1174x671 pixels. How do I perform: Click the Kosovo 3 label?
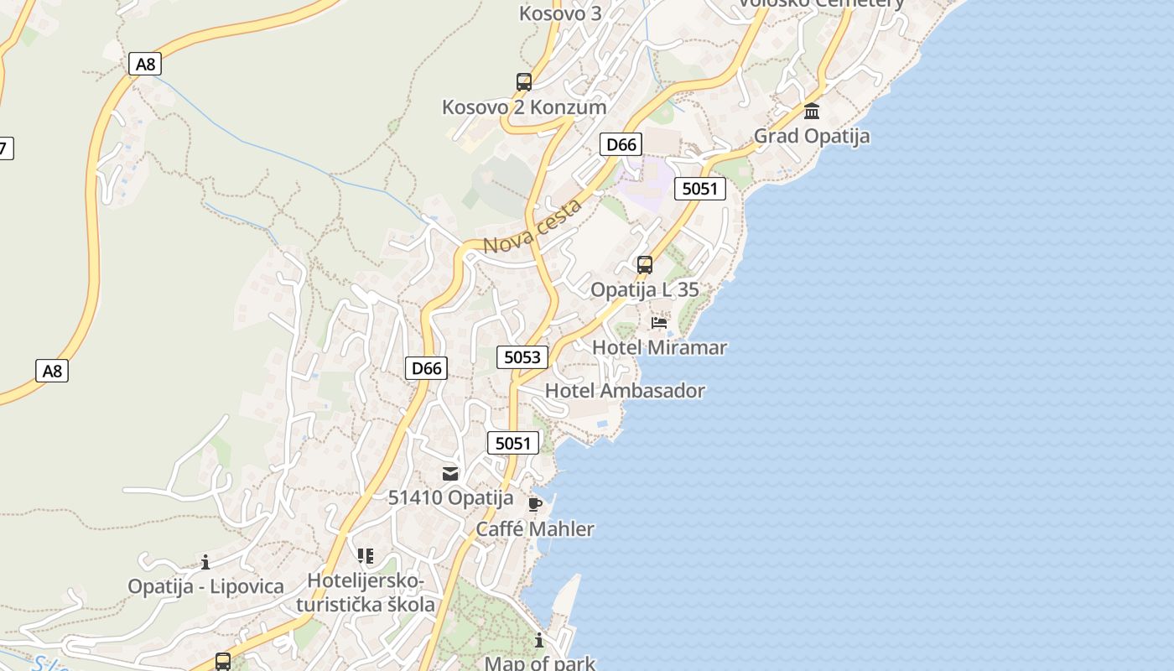[560, 13]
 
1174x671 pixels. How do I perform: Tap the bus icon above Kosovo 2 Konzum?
[524, 82]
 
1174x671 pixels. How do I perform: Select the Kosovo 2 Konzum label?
[524, 107]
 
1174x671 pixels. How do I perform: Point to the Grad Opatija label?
[811, 136]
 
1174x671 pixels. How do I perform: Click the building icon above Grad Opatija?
[812, 111]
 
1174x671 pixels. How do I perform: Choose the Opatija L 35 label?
[644, 290]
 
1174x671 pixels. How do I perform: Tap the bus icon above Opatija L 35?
[644, 265]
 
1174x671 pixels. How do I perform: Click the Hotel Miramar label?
[659, 347]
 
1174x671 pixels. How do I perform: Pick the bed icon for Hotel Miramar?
[659, 322]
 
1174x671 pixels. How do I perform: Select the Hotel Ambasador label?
[625, 391]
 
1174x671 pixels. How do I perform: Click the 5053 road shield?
[522, 357]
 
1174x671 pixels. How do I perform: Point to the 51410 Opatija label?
[450, 498]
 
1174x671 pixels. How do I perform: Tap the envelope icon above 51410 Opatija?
[450, 474]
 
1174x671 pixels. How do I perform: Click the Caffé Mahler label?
[535, 529]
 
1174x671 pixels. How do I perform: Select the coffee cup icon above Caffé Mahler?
[535, 504]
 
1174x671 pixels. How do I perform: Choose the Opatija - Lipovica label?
[205, 586]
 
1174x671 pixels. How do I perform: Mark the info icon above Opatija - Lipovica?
[205, 562]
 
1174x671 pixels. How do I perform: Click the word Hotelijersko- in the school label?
[366, 580]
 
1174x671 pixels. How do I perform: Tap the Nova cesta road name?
[532, 226]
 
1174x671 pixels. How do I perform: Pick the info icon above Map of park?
[539, 641]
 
